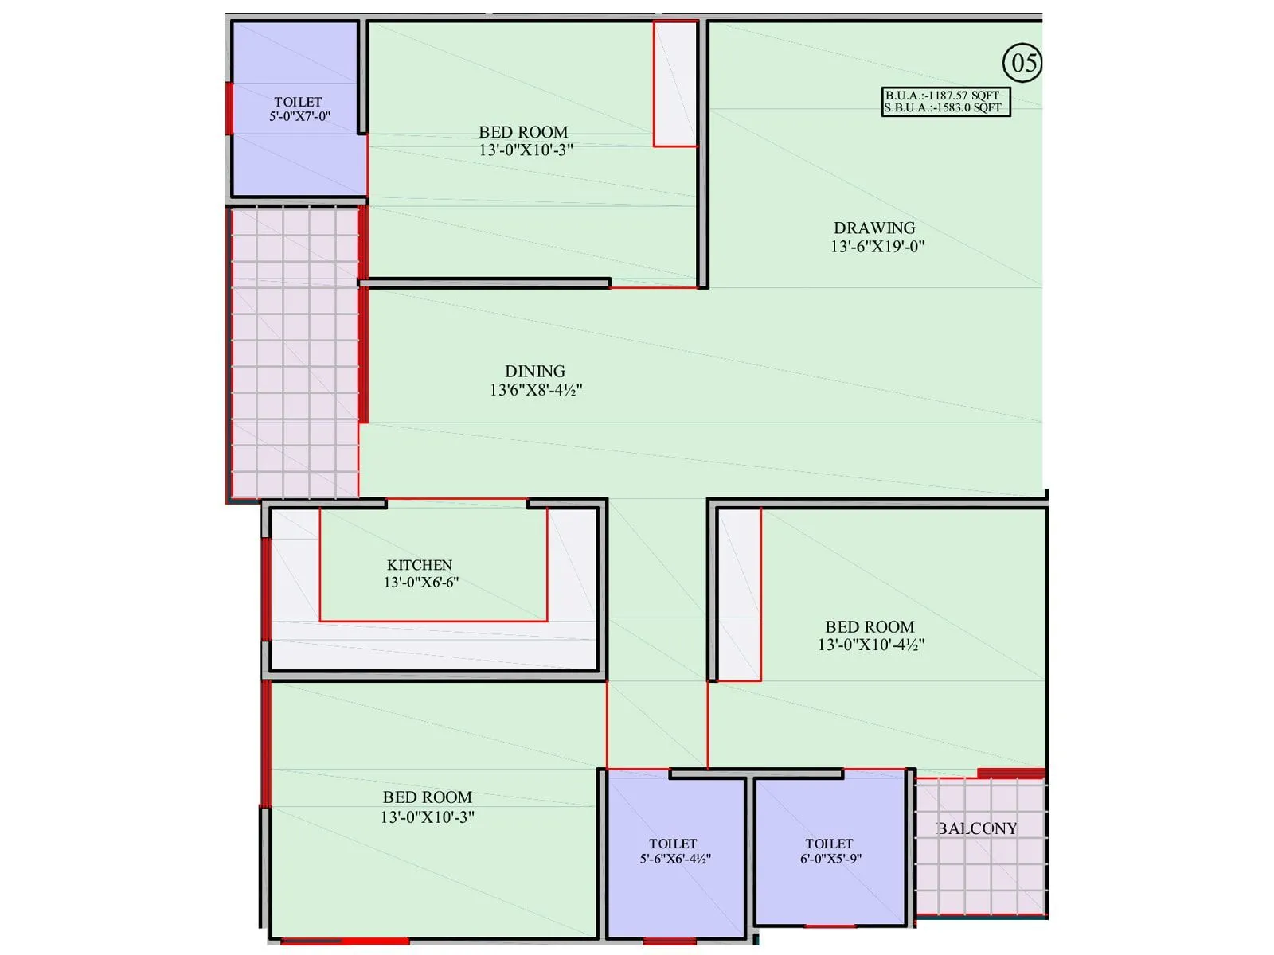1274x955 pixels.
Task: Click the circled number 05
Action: pos(1022,62)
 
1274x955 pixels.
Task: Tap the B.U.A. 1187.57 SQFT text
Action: pos(942,95)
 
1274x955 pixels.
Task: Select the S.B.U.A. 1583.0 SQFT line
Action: pos(943,107)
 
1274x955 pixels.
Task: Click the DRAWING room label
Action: pos(874,228)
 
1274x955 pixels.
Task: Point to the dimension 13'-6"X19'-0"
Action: pos(877,247)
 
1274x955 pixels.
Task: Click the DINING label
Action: pos(535,371)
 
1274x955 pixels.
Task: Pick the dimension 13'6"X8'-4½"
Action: pos(536,390)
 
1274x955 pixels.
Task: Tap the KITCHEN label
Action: pos(420,564)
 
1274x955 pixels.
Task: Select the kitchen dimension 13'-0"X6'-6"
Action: pos(421,583)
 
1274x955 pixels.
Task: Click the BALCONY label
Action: pos(978,828)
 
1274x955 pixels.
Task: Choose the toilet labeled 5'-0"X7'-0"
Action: pos(299,109)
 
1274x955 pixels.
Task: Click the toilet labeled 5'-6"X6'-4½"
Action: pos(674,851)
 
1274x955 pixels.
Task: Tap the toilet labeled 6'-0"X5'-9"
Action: pos(830,851)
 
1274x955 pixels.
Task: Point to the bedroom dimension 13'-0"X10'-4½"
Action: pos(871,645)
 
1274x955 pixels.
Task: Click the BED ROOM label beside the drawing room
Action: pos(523,132)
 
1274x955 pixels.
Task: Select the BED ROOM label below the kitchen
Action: pos(428,797)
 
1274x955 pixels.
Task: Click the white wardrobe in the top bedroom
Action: pos(675,84)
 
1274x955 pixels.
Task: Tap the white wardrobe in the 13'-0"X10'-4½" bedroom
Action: pos(739,594)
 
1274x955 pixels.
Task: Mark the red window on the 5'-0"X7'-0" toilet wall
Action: pos(229,108)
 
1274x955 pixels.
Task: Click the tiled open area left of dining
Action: pos(294,353)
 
